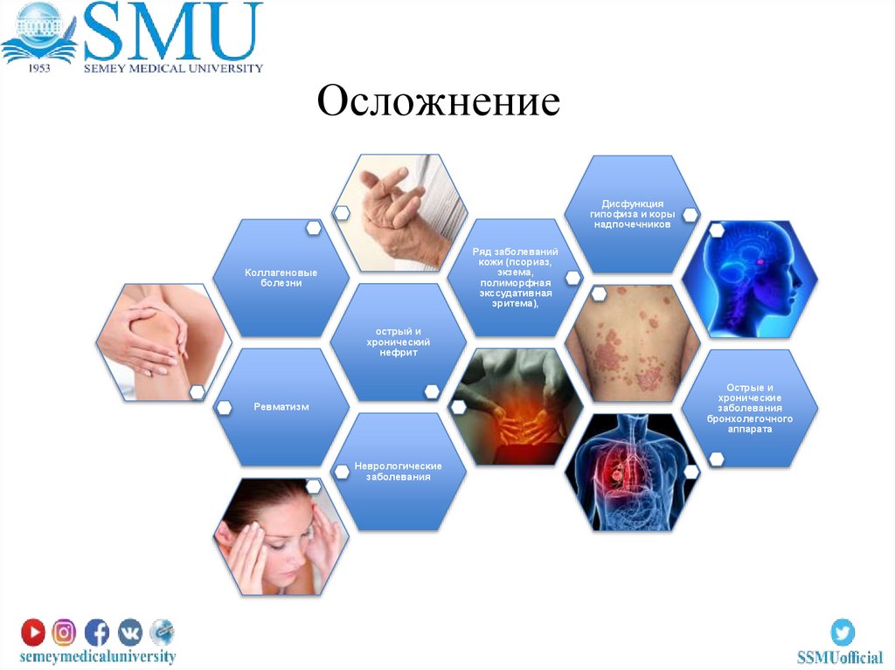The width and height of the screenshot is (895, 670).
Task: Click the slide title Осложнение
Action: [x=438, y=103]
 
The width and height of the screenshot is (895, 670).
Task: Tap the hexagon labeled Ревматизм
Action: [x=281, y=407]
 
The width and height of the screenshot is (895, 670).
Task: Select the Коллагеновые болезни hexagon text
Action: [x=281, y=278]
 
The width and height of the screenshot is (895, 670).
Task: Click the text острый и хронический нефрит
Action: [x=398, y=342]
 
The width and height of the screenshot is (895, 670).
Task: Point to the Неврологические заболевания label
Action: [x=398, y=471]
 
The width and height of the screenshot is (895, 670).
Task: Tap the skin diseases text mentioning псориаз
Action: [x=515, y=278]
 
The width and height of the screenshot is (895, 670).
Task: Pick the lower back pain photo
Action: [x=516, y=407]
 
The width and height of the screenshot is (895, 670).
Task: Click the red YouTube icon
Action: [x=33, y=632]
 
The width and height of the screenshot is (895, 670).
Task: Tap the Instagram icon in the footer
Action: [x=65, y=632]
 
